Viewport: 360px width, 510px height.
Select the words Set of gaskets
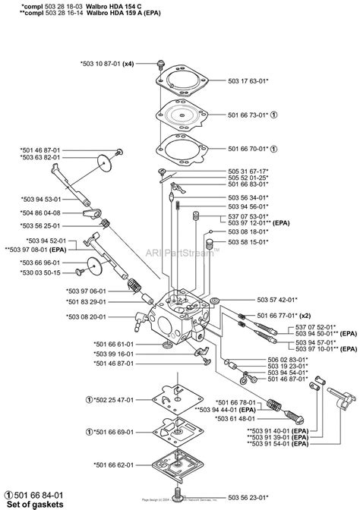pyautogui.click(x=39, y=504)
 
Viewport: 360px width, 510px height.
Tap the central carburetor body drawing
pyautogui.click(x=182, y=311)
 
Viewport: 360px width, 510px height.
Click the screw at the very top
pyautogui.click(x=162, y=63)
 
